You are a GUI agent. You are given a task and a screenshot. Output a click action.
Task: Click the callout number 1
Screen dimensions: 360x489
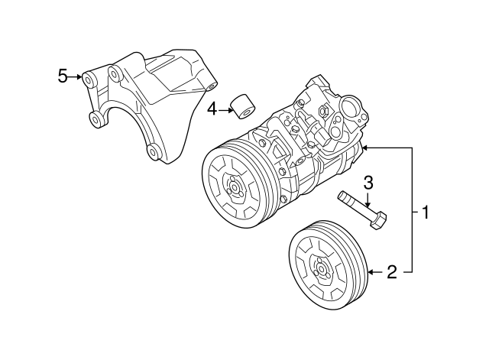click(x=426, y=212)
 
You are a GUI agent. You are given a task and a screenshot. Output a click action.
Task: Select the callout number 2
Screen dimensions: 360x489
click(x=390, y=271)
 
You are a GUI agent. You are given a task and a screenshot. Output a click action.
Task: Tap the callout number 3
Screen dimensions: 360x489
click(x=368, y=182)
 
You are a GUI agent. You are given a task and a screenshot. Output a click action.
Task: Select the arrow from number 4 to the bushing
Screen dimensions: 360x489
click(x=227, y=110)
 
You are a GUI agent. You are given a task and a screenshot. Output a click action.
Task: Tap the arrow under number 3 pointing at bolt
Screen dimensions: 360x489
click(x=368, y=200)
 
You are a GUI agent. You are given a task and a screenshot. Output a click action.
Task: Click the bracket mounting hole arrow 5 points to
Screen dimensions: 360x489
click(x=89, y=78)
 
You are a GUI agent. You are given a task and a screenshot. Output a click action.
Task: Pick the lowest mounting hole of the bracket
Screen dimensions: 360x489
click(x=154, y=151)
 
